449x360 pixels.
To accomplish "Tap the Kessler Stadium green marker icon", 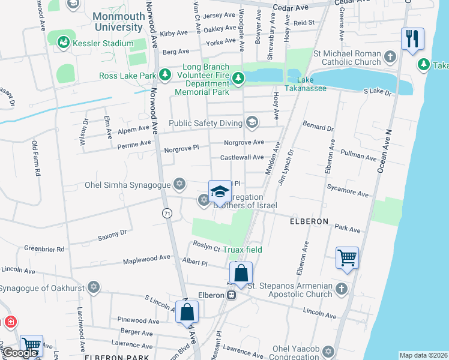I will (63, 43).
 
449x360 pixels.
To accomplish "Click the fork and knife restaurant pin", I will (412, 40).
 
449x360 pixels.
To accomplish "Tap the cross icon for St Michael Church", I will (390, 58).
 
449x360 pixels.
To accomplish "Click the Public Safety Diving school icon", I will (251, 123).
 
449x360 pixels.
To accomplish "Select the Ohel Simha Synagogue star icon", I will (178, 184).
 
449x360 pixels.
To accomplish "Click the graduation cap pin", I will (220, 191).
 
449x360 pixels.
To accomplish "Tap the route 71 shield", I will (166, 213).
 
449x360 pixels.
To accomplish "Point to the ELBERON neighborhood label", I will (309, 221).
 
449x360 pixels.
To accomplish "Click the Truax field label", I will (243, 250).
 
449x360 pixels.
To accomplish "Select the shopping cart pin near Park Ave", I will (348, 258).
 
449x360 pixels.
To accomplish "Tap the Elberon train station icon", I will (231, 295).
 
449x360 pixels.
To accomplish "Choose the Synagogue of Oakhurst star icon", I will (93, 286).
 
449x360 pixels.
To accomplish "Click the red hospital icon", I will (10, 322).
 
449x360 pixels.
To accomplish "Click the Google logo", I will (20, 353).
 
